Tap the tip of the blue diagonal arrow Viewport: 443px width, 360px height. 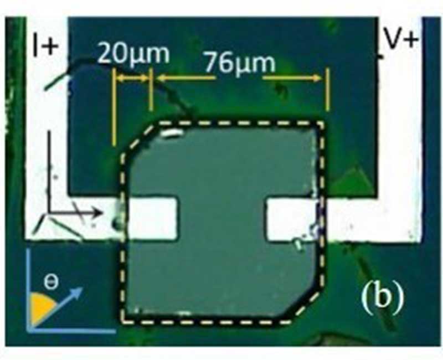81,289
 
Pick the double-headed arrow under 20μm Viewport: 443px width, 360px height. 132,79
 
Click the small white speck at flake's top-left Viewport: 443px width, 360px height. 171,133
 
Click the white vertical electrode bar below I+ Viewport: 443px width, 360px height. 47,138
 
